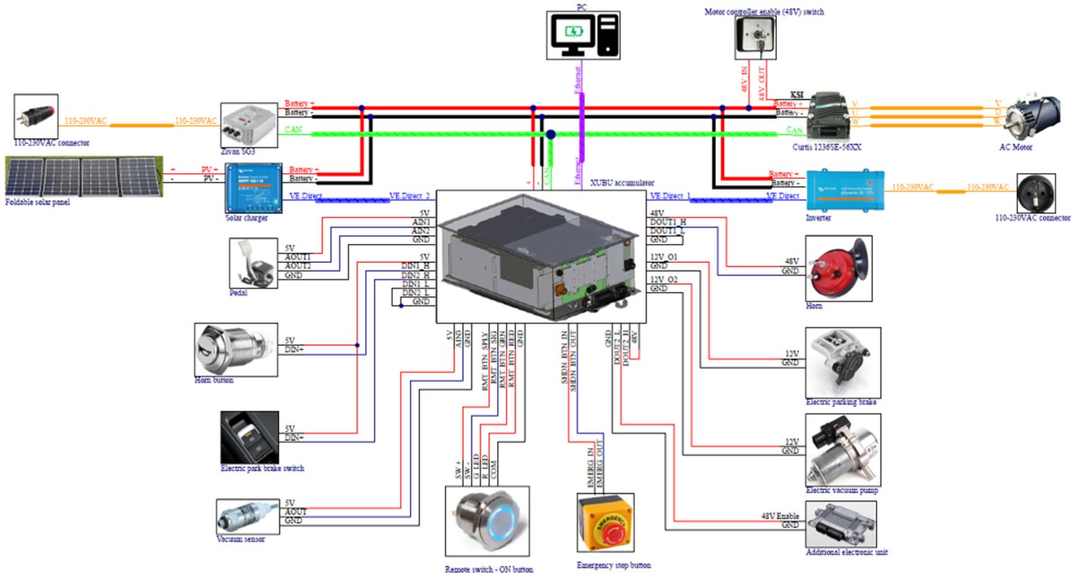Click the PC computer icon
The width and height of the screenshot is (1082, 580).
tap(583, 35)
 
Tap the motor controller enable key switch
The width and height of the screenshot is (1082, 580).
tap(755, 38)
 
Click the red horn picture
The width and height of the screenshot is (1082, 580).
tap(838, 268)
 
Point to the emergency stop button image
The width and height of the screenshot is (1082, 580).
tap(605, 523)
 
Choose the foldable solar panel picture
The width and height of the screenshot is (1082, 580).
tap(84, 176)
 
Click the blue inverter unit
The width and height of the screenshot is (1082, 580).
tap(845, 191)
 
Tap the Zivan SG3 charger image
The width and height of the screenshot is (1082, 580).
tap(249, 125)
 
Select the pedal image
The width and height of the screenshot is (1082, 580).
tap(253, 264)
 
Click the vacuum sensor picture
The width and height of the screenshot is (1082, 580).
tap(247, 516)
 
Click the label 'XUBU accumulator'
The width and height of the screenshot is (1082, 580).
tap(621, 183)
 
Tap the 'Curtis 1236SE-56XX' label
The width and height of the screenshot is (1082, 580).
tap(826, 147)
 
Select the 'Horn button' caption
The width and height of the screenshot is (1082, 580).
tap(214, 380)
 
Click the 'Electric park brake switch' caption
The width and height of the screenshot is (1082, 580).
tap(262, 468)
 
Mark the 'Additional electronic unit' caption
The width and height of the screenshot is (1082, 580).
tap(846, 552)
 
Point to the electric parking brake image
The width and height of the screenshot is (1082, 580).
tap(843, 362)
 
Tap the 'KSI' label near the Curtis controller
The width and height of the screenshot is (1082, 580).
tap(797, 95)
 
